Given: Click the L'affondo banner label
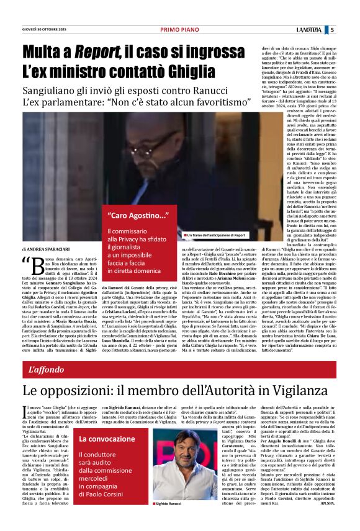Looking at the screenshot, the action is tap(47, 353).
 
